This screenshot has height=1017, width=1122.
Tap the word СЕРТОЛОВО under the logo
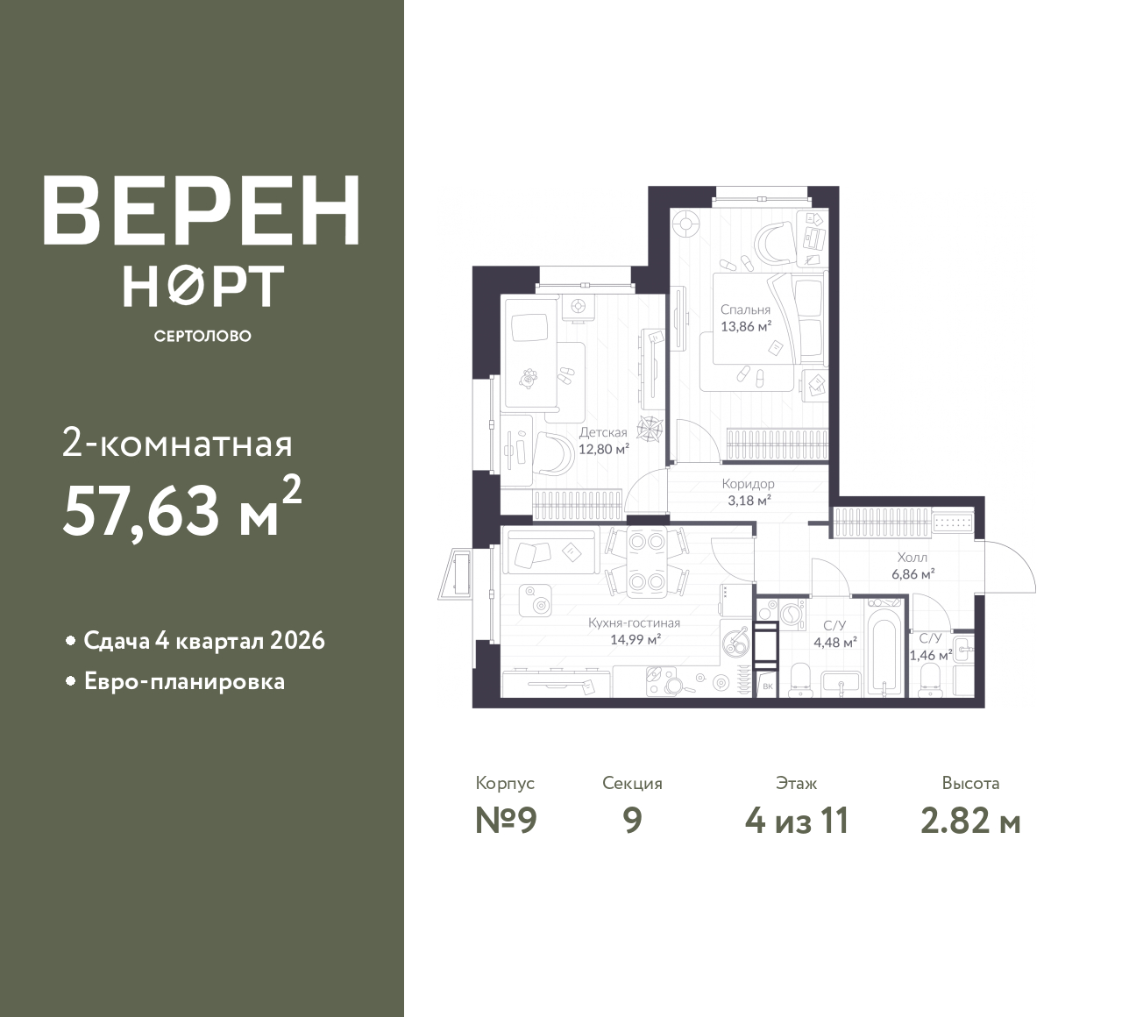tap(202, 336)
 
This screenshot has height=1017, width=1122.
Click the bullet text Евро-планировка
tap(185, 682)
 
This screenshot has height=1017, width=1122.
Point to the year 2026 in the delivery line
tap(297, 641)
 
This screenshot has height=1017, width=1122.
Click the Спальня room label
tap(745, 309)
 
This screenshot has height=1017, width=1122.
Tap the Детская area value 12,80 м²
tap(603, 449)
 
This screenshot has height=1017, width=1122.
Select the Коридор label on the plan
tap(748, 483)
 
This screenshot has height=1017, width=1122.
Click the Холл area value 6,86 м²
tap(913, 574)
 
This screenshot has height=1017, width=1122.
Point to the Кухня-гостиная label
tap(635, 622)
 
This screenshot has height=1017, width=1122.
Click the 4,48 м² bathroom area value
tap(835, 643)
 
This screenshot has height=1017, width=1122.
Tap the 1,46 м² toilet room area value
tap(931, 655)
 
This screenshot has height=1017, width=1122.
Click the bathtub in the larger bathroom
tap(884, 655)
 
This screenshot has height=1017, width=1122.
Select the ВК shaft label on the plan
tap(767, 686)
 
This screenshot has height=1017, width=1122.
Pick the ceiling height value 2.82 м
tap(970, 821)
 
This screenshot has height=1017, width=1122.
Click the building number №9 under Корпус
tap(506, 821)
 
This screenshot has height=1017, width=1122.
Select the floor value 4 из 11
tap(797, 821)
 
